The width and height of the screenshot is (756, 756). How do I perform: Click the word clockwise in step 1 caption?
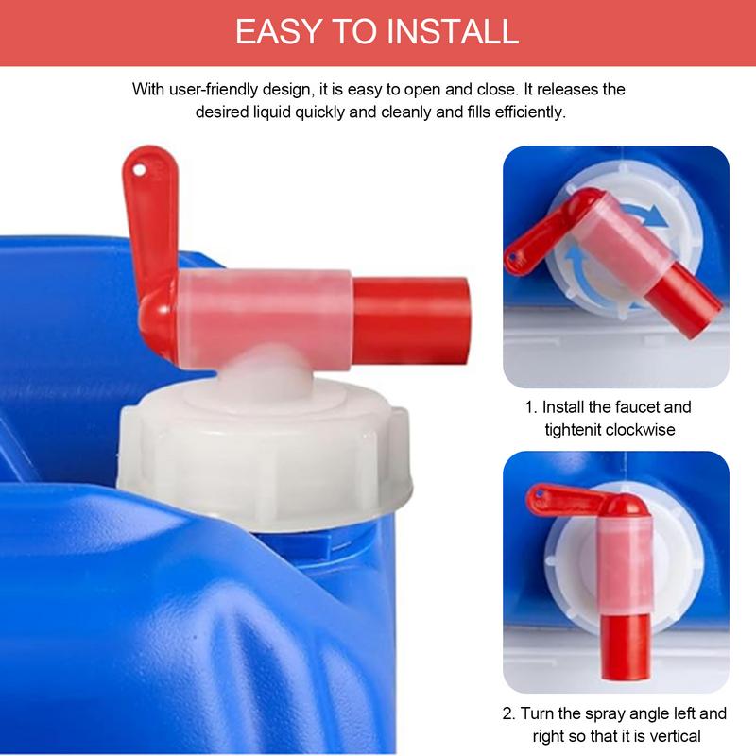click(651, 430)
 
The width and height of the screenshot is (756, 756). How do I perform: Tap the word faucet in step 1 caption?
click(637, 407)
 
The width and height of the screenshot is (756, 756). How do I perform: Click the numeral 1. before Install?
click(531, 407)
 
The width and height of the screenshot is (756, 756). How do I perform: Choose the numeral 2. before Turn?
click(510, 713)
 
